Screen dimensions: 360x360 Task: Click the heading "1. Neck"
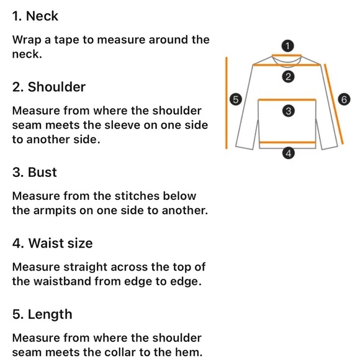coord(35,16)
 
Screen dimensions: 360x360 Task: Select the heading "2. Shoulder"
coord(49,87)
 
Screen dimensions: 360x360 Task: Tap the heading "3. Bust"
coord(34,172)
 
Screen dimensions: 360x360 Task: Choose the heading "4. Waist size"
coord(52,243)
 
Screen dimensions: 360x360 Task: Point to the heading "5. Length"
coord(42,314)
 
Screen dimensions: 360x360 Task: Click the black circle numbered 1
coord(287,46)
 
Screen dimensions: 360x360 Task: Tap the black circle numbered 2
coord(289,76)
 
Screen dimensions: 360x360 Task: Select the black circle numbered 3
coord(289,111)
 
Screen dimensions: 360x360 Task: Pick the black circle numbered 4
coord(289,153)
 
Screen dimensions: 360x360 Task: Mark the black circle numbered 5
coord(236,99)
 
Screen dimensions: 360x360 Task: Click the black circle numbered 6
coord(344,99)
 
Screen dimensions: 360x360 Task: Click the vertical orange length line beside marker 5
coord(227,103)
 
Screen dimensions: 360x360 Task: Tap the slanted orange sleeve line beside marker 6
coord(334,104)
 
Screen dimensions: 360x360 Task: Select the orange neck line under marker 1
coord(287,55)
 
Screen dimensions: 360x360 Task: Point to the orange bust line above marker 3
coord(287,100)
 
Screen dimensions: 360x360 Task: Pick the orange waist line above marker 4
coord(287,143)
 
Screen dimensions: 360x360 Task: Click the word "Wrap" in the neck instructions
coord(27,40)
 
